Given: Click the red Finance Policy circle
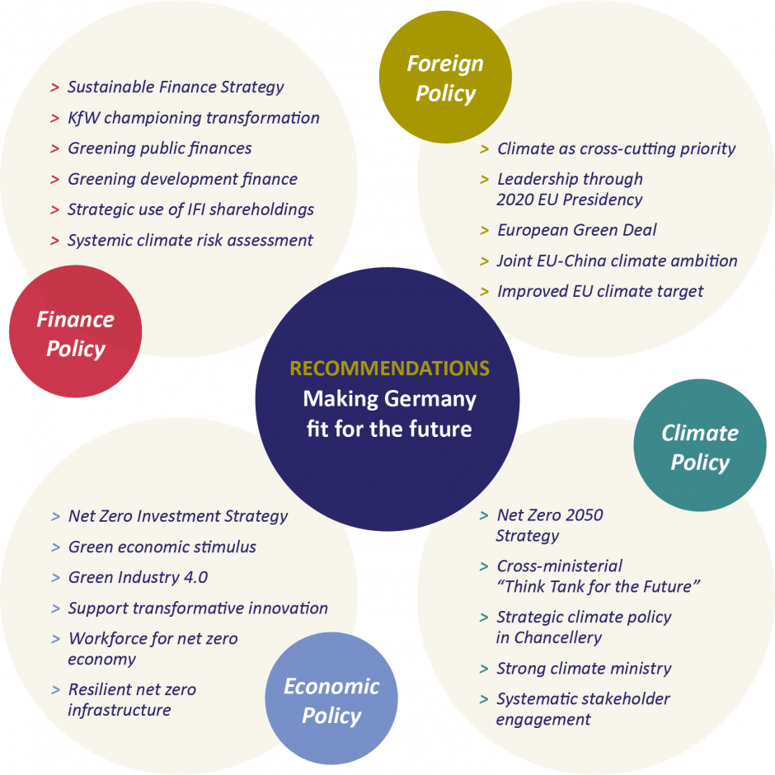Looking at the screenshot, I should [75, 332].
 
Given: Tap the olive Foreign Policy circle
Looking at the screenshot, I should [445, 77].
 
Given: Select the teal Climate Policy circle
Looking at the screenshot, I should [700, 446].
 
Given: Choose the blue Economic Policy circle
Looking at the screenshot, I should [331, 700].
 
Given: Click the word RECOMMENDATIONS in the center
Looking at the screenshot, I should [389, 369].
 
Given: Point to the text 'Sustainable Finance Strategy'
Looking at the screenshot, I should [176, 87].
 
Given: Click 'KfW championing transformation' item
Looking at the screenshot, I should [194, 118].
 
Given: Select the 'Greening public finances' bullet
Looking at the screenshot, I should [160, 148].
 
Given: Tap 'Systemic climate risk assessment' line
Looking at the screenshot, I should [190, 241].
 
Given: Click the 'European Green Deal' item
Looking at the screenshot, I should [577, 230].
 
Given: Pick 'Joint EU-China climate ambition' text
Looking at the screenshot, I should [617, 261].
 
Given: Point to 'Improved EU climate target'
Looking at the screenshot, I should [600, 291].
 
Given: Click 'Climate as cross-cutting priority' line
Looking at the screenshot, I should [616, 148].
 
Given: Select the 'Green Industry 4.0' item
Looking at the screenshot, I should [138, 577].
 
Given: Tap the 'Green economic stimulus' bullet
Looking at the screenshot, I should [162, 547].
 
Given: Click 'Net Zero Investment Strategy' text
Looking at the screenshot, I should [178, 516].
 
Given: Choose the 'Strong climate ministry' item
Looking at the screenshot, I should [584, 668].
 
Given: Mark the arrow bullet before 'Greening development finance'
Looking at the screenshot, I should [54, 180].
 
